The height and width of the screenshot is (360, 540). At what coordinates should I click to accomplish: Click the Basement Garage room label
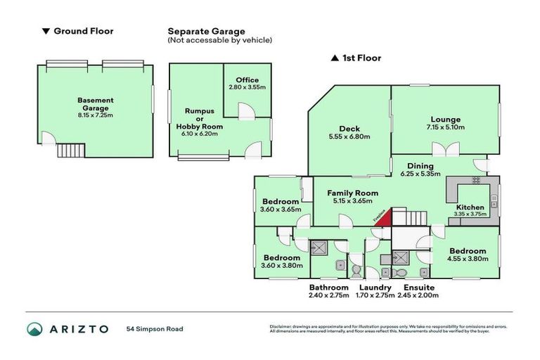click(95, 101)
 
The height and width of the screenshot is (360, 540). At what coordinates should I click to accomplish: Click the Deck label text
click(349, 128)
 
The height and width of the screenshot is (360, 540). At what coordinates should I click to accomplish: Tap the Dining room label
click(420, 165)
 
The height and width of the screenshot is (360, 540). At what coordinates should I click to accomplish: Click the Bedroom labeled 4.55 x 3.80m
click(468, 251)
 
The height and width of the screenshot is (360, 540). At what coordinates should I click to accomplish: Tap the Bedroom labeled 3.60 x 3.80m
click(281, 257)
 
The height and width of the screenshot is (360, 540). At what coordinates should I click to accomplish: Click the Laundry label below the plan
click(374, 288)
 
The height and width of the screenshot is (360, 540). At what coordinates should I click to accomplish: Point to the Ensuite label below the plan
click(418, 288)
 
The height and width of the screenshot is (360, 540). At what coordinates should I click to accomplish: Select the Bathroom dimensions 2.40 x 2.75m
click(329, 295)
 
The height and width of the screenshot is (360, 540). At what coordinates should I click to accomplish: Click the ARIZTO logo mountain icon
click(35, 328)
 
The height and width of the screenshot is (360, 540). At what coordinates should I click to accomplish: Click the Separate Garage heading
click(206, 31)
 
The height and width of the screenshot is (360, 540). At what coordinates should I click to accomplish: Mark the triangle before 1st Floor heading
click(335, 58)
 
